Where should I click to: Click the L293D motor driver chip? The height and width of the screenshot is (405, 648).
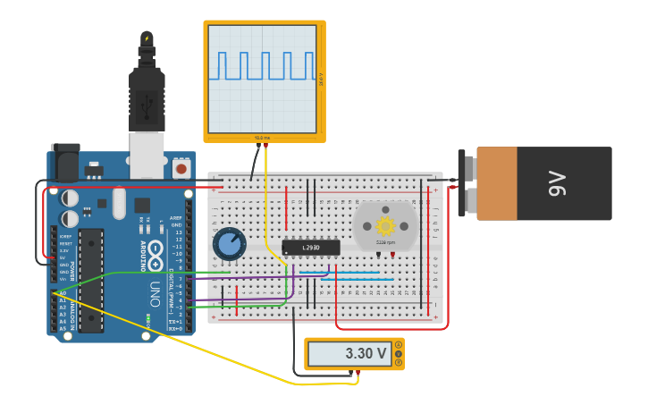[311, 247]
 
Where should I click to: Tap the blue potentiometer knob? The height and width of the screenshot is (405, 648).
[229, 243]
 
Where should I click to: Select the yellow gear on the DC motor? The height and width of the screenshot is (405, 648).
[385, 226]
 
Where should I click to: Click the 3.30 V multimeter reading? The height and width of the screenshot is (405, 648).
[366, 354]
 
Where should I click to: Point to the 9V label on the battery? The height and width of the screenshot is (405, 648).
[556, 184]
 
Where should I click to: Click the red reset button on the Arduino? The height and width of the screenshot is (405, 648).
[181, 167]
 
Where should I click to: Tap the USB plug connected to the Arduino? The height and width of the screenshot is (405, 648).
[147, 98]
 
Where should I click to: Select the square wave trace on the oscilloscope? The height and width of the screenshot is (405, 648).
[263, 66]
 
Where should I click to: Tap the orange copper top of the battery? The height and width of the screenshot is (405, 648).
[497, 183]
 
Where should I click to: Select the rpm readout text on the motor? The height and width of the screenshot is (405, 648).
[385, 242]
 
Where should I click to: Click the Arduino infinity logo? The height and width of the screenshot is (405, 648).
[155, 250]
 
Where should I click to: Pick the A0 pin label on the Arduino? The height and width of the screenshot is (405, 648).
[63, 293]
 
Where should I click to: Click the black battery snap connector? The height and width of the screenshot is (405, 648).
[467, 183]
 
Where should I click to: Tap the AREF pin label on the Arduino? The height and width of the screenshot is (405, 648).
[176, 218]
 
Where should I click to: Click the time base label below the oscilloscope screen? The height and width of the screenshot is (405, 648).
[262, 138]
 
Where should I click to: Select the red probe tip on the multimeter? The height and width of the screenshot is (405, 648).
[358, 372]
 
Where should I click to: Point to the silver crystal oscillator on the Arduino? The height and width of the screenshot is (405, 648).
[119, 201]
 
